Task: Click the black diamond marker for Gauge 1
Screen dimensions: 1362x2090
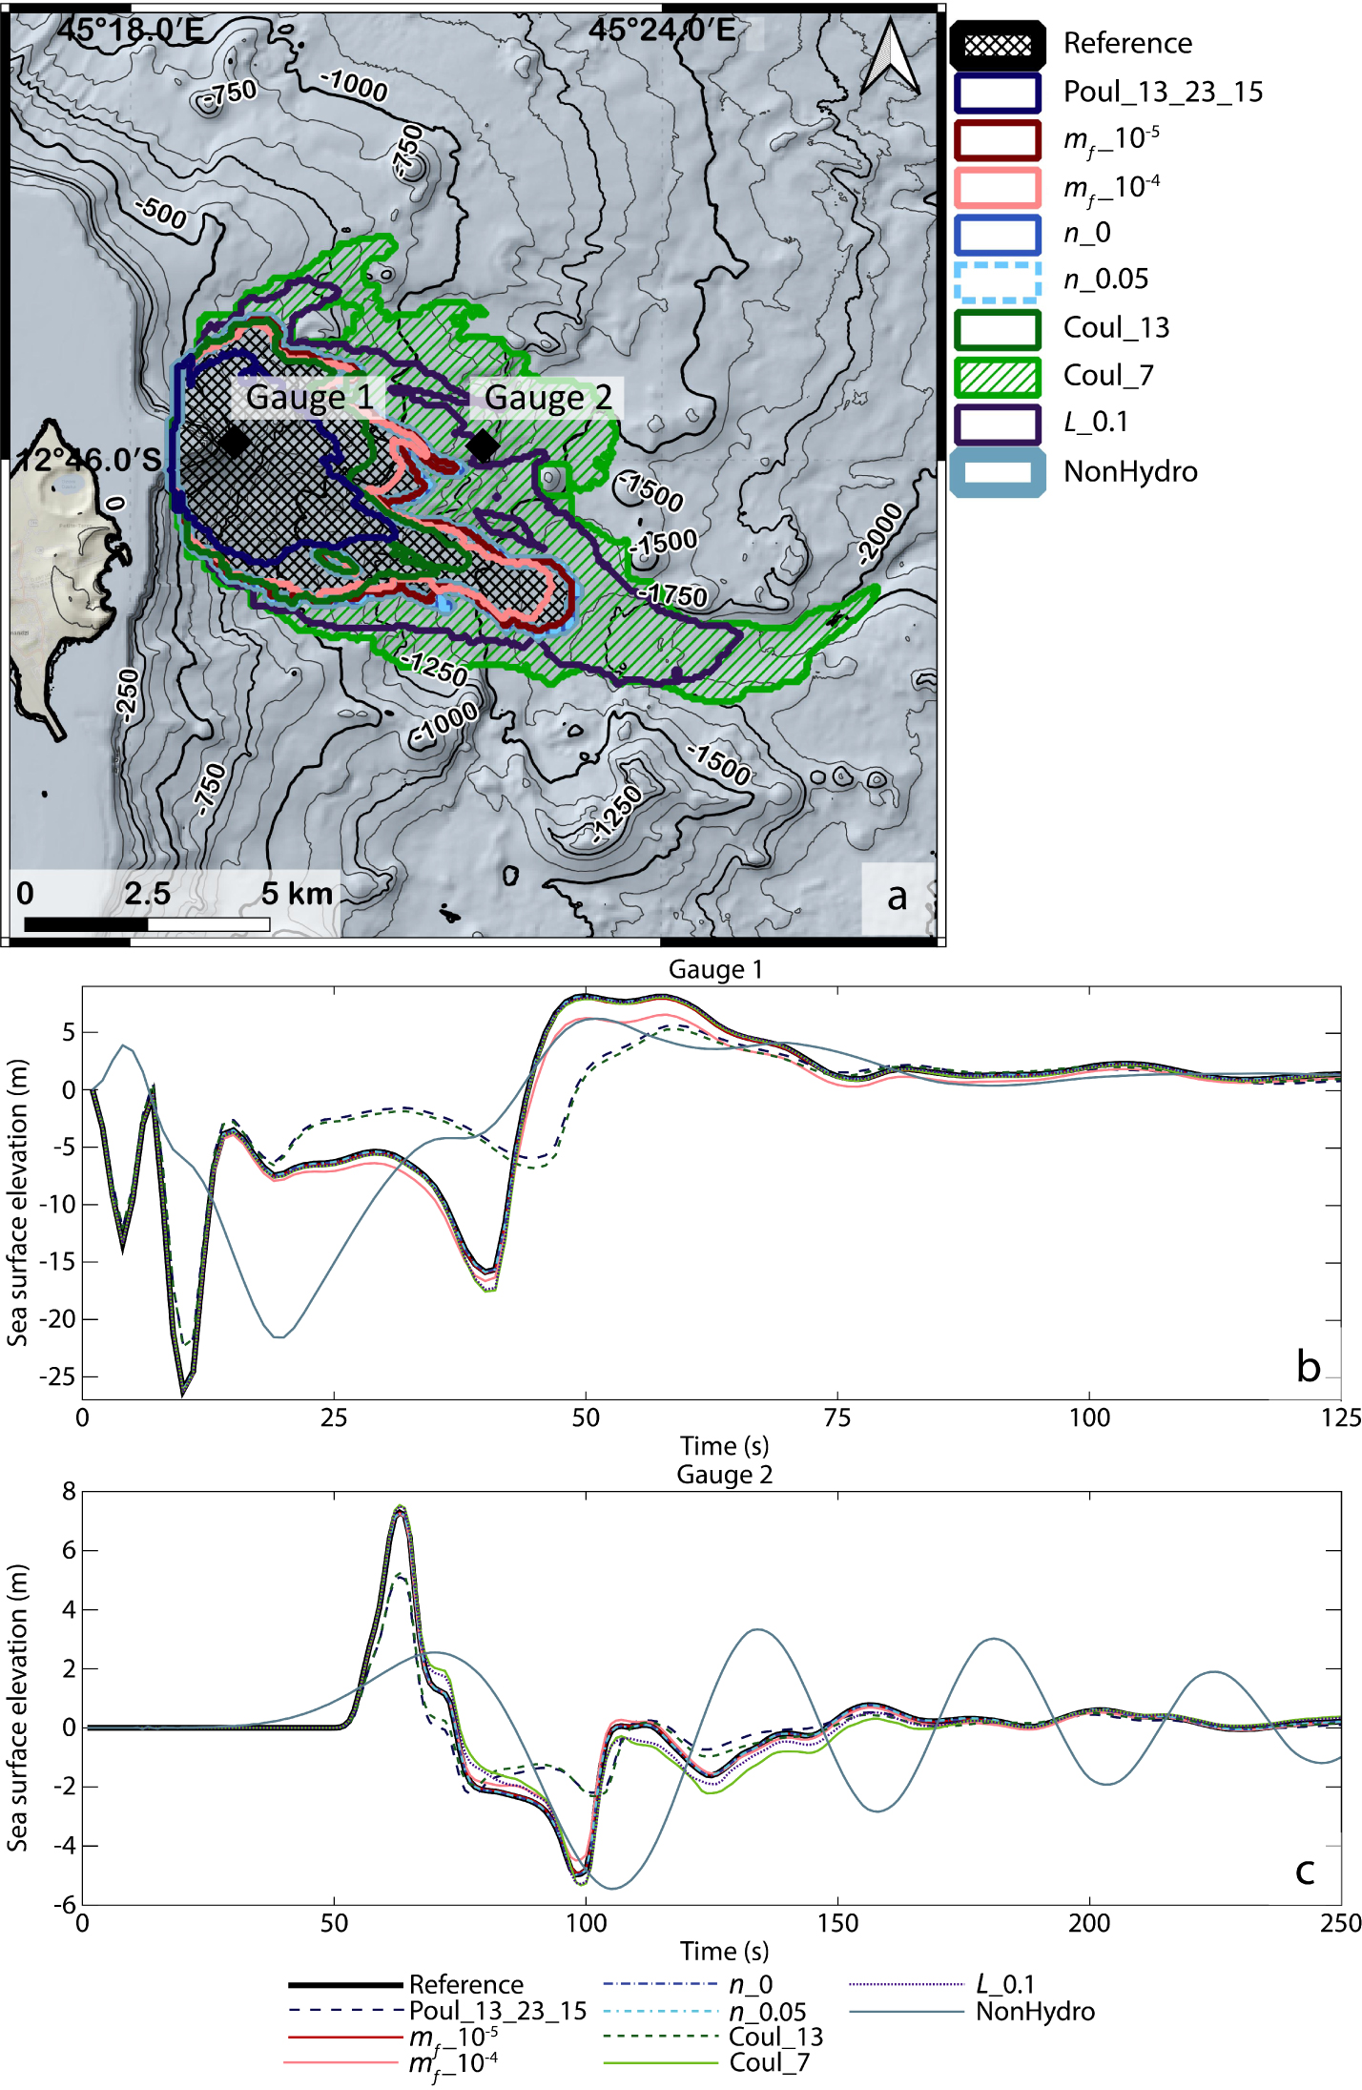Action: tap(234, 442)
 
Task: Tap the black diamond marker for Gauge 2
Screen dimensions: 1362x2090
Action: tap(484, 445)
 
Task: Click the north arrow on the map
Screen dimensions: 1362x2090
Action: tap(890, 56)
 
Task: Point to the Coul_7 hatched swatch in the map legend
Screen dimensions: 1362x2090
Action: tap(998, 376)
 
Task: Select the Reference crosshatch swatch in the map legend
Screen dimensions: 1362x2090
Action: tap(998, 44)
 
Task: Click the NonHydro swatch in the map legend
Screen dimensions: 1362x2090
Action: tap(998, 472)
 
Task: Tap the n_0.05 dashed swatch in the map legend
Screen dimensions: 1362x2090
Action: tap(998, 280)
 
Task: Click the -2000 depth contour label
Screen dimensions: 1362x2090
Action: tap(879, 533)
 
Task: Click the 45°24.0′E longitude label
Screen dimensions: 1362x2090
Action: tap(662, 30)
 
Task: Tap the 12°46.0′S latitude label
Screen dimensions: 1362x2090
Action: tap(90, 461)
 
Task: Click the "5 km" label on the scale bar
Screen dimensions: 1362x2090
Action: tap(297, 894)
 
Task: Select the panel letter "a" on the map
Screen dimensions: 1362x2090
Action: tap(897, 896)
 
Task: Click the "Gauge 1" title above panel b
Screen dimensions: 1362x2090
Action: tap(715, 969)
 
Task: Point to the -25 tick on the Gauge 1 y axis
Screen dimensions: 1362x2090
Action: tap(56, 1377)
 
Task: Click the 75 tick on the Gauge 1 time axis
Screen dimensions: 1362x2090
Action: tap(837, 1417)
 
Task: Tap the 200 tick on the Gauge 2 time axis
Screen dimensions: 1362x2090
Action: tap(1089, 1923)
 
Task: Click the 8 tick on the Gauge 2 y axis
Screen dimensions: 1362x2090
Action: tap(69, 1492)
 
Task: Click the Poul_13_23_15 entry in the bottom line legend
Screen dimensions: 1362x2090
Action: tap(438, 2011)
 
